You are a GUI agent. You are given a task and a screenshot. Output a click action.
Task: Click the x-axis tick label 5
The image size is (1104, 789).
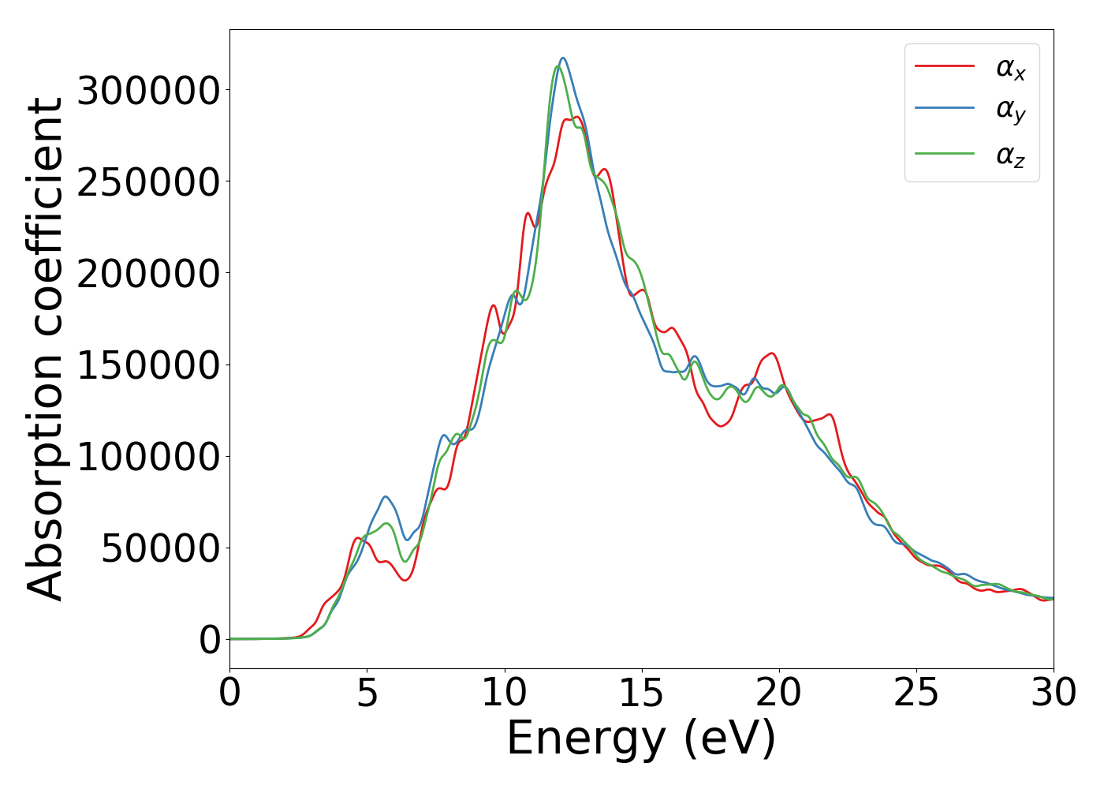pyautogui.click(x=367, y=694)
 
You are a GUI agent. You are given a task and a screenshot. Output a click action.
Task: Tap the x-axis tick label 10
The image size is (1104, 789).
pyautogui.click(x=505, y=694)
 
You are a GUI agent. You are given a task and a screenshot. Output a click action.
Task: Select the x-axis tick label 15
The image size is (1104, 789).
pyautogui.click(x=642, y=694)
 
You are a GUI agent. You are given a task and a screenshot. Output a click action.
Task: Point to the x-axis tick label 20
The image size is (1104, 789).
pyautogui.click(x=779, y=694)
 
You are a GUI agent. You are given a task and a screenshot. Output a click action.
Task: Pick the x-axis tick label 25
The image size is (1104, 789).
pyautogui.click(x=916, y=694)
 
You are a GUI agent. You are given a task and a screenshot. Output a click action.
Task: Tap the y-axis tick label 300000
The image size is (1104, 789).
pyautogui.click(x=148, y=91)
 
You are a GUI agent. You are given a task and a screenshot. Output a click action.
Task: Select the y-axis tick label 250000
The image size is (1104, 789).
pyautogui.click(x=148, y=182)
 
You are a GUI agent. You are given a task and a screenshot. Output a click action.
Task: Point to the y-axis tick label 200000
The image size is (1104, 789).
pyautogui.click(x=148, y=274)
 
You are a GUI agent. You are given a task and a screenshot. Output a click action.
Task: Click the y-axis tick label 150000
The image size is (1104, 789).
pyautogui.click(x=148, y=365)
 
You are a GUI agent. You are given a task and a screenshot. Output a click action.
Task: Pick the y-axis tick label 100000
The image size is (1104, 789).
pyautogui.click(x=148, y=457)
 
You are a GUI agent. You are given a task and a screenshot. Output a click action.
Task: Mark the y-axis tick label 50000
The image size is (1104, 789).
pyautogui.click(x=160, y=548)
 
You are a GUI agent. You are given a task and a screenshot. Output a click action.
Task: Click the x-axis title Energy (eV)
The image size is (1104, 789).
pyautogui.click(x=641, y=739)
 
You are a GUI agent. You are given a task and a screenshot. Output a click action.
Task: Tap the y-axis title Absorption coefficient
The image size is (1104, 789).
pyautogui.click(x=46, y=349)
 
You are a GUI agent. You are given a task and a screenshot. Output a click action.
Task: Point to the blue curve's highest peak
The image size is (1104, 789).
pyautogui.click(x=563, y=58)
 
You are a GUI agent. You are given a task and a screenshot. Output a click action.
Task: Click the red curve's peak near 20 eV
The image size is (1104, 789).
pyautogui.click(x=771, y=353)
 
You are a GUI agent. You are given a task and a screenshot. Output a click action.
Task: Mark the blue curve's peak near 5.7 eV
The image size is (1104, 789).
pyautogui.click(x=386, y=496)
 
